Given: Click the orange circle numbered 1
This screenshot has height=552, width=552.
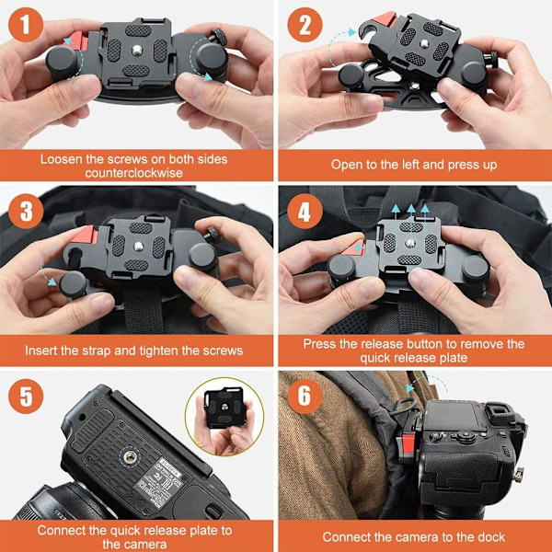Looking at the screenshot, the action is click(x=26, y=25).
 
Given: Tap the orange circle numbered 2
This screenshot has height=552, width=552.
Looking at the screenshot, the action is click(x=305, y=25).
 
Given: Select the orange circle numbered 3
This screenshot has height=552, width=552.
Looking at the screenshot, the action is click(x=26, y=212).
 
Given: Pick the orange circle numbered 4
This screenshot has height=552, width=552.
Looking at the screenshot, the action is click(x=305, y=212).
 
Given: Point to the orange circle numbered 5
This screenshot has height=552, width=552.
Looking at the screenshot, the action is click(x=26, y=396).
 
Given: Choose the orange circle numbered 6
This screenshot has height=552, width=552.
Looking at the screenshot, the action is click(x=305, y=396).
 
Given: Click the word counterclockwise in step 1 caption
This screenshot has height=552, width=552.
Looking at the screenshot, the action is click(x=133, y=173).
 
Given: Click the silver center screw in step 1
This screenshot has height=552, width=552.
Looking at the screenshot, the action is click(x=137, y=51).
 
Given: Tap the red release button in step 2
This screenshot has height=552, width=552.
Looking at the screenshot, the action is click(x=385, y=19).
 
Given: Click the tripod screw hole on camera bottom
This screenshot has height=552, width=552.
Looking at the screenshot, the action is click(x=131, y=457).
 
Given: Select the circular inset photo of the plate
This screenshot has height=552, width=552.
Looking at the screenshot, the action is click(x=224, y=417).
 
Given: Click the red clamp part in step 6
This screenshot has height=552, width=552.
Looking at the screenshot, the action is click(x=408, y=443).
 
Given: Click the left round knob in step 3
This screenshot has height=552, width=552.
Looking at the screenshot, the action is click(x=73, y=283).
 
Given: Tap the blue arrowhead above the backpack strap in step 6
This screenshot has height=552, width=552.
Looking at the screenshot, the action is click(x=409, y=388).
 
